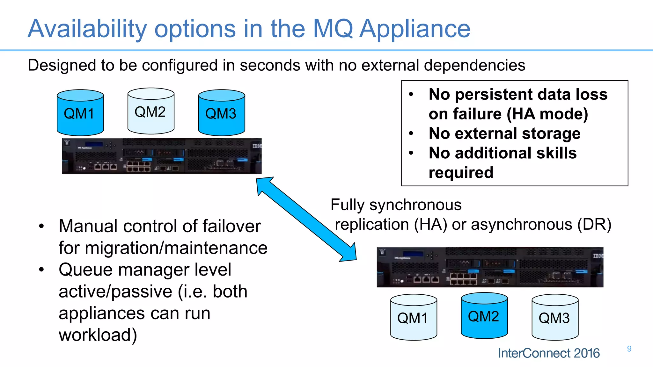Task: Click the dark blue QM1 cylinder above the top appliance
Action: [80, 113]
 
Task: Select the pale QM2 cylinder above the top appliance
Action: [151, 111]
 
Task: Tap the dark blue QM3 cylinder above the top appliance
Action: [222, 113]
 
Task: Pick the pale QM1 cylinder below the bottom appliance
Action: [414, 318]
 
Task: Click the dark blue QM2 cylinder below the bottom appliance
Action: [484, 316]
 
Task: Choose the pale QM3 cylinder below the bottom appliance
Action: [555, 318]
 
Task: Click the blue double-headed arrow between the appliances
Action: [306, 219]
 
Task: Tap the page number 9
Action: [629, 349]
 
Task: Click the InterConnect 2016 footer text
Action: [549, 353]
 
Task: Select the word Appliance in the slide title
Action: [415, 29]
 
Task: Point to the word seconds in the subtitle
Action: [270, 65]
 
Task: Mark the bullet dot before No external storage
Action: [411, 133]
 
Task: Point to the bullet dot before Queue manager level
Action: [41, 270]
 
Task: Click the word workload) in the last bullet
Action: [98, 335]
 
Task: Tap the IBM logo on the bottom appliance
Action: [598, 256]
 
